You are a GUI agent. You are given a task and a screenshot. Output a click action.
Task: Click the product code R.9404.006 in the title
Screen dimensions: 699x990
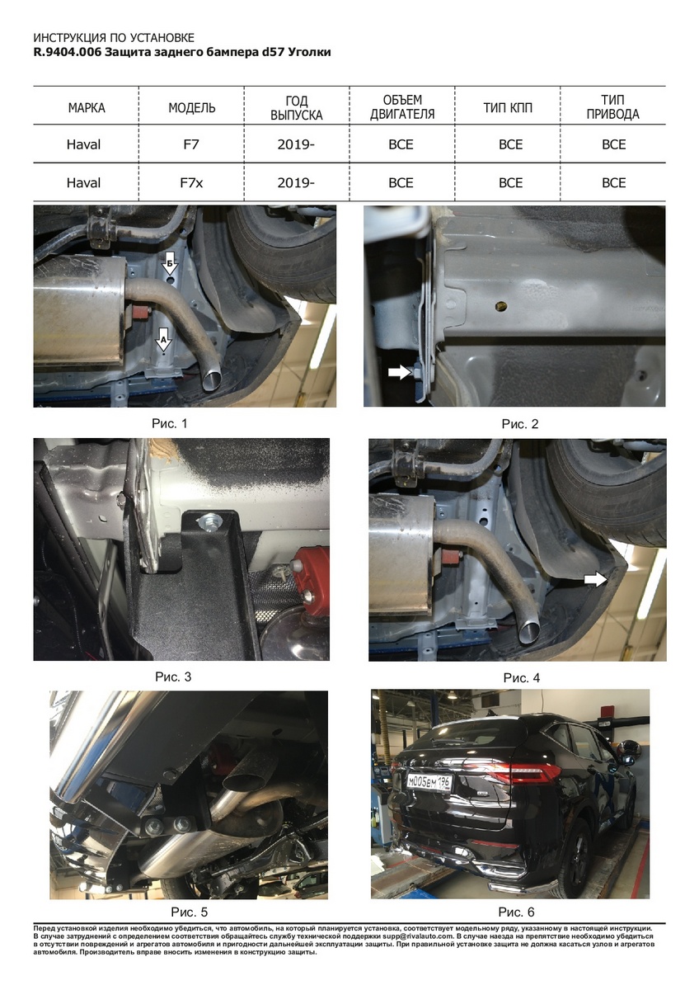pyautogui.click(x=68, y=52)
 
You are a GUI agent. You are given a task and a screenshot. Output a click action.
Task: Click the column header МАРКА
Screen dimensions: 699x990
pyautogui.click(x=87, y=108)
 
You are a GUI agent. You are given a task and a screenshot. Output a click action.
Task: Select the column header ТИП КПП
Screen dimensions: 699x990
pyautogui.click(x=508, y=108)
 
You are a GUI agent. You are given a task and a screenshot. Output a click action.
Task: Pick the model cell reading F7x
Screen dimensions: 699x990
pyautogui.click(x=191, y=182)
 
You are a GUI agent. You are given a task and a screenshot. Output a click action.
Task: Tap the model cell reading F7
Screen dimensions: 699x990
pyautogui.click(x=191, y=144)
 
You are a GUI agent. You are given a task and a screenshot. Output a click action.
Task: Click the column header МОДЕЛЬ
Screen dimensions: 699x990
pyautogui.click(x=191, y=108)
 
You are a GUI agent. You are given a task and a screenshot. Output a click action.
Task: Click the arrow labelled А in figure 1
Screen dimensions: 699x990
pyautogui.click(x=164, y=339)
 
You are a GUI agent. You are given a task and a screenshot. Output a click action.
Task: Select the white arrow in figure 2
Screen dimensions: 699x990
pyautogui.click(x=399, y=372)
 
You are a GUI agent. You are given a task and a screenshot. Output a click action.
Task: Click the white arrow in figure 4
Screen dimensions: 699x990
pyautogui.click(x=596, y=579)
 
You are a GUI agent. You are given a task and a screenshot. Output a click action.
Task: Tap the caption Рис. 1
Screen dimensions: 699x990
pyautogui.click(x=170, y=423)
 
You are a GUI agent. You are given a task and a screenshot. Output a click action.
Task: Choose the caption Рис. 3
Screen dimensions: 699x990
pyautogui.click(x=173, y=676)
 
